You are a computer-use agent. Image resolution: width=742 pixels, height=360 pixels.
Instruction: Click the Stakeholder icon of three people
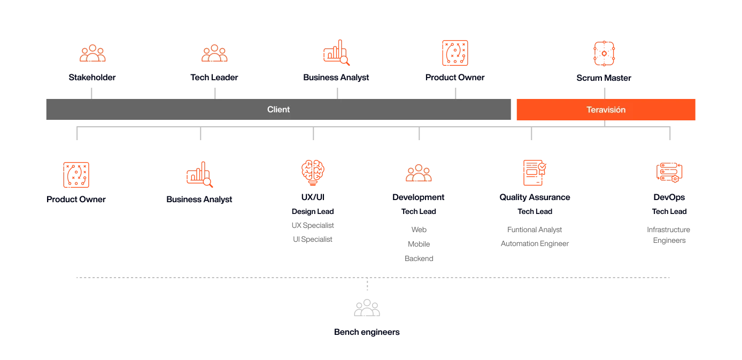(x=92, y=53)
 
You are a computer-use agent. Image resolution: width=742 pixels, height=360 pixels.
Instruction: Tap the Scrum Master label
(x=604, y=78)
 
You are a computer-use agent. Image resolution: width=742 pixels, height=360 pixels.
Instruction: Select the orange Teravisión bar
(x=606, y=110)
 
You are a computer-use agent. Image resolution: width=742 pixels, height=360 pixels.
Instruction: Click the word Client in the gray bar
(x=278, y=110)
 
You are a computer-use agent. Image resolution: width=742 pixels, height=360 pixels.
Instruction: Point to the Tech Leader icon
(x=214, y=53)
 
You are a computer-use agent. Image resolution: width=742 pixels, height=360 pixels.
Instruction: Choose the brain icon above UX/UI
(x=313, y=172)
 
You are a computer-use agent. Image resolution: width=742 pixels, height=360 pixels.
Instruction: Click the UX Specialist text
(x=313, y=225)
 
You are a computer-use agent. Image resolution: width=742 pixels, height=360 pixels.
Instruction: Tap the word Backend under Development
(x=419, y=258)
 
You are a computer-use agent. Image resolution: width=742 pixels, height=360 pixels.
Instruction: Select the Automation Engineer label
(x=535, y=243)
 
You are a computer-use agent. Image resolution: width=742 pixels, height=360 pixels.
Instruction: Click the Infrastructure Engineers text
(x=669, y=235)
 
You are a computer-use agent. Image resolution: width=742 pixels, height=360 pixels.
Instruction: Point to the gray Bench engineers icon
(x=367, y=308)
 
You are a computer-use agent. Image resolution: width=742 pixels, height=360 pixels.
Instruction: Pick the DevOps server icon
(x=669, y=172)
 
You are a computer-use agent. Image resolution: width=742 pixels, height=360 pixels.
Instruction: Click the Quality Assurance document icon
(x=535, y=173)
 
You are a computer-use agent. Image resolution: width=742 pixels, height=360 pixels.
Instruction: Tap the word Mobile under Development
(x=419, y=244)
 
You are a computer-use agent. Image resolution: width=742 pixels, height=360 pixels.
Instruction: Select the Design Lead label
(x=313, y=211)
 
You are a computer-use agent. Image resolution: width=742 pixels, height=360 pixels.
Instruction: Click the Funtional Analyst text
(x=534, y=229)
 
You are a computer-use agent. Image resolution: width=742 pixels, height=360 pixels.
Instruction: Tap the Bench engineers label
(x=367, y=332)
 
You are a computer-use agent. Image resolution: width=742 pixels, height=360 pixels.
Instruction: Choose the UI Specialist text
(x=312, y=239)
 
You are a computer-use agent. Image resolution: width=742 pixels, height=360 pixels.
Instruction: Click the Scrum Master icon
(x=604, y=53)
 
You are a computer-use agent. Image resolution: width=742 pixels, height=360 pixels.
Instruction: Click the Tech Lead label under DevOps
(x=669, y=211)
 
